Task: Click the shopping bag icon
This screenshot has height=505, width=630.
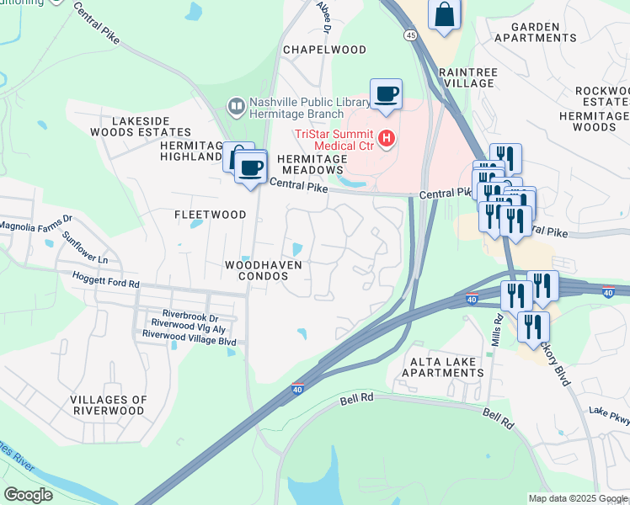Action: pyautogui.click(x=444, y=15)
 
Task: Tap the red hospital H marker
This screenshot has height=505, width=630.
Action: pyautogui.click(x=387, y=137)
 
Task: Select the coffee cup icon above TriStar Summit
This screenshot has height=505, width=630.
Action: pyautogui.click(x=386, y=94)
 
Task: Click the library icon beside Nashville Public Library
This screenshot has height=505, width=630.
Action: pyautogui.click(x=236, y=105)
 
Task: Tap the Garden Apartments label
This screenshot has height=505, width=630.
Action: pyautogui.click(x=536, y=32)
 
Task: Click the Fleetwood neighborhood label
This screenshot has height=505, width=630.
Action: pyautogui.click(x=210, y=215)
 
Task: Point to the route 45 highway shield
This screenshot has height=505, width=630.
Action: pyautogui.click(x=410, y=35)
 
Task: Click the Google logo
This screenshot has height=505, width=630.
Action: pyautogui.click(x=28, y=494)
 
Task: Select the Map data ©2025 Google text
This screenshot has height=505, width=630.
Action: pyautogui.click(x=577, y=498)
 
